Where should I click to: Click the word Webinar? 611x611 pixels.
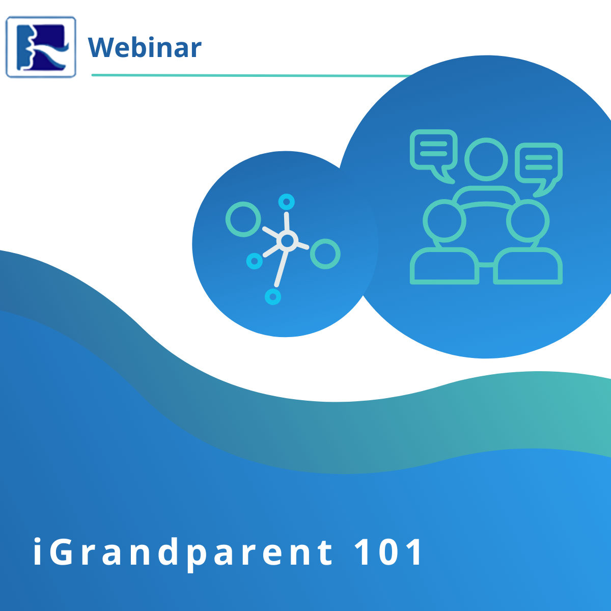click(145, 47)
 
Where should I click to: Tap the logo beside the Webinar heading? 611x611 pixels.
click(41, 47)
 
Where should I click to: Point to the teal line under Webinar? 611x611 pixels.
click(251, 75)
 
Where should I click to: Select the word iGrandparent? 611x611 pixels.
click(183, 553)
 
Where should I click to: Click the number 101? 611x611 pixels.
click(388, 552)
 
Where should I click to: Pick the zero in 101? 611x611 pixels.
click(389, 552)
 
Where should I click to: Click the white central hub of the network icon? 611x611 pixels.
click(287, 241)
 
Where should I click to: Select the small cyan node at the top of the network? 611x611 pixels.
click(286, 202)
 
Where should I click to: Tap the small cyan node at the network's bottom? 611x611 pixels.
click(273, 297)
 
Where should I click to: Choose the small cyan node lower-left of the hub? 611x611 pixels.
click(254, 261)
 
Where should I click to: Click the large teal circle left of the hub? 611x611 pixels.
click(243, 219)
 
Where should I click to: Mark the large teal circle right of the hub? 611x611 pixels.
click(325, 254)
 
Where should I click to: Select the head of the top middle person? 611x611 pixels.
click(486, 159)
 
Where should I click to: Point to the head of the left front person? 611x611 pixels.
click(444, 221)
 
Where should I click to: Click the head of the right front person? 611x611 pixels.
click(528, 221)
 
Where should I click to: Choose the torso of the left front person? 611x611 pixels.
click(444, 266)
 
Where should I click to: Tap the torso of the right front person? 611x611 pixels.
click(528, 266)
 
